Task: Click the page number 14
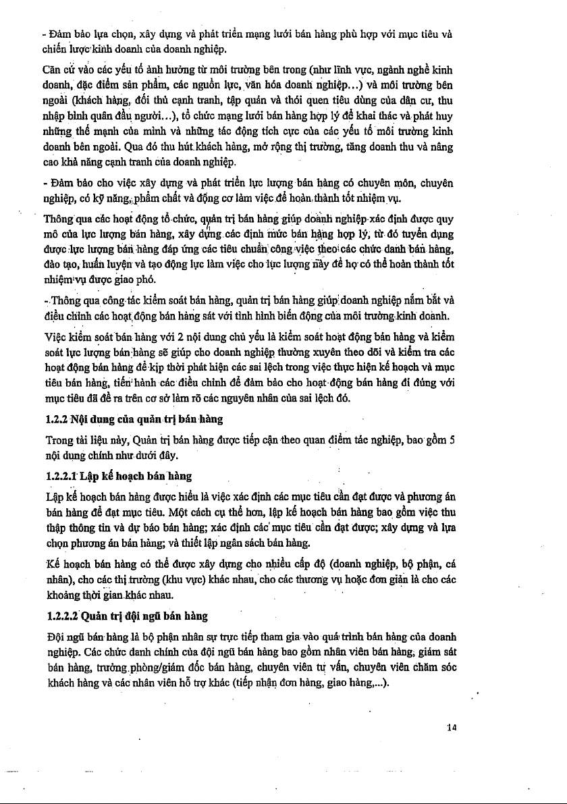pos(452,726)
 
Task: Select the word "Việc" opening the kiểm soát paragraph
pos(55,336)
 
